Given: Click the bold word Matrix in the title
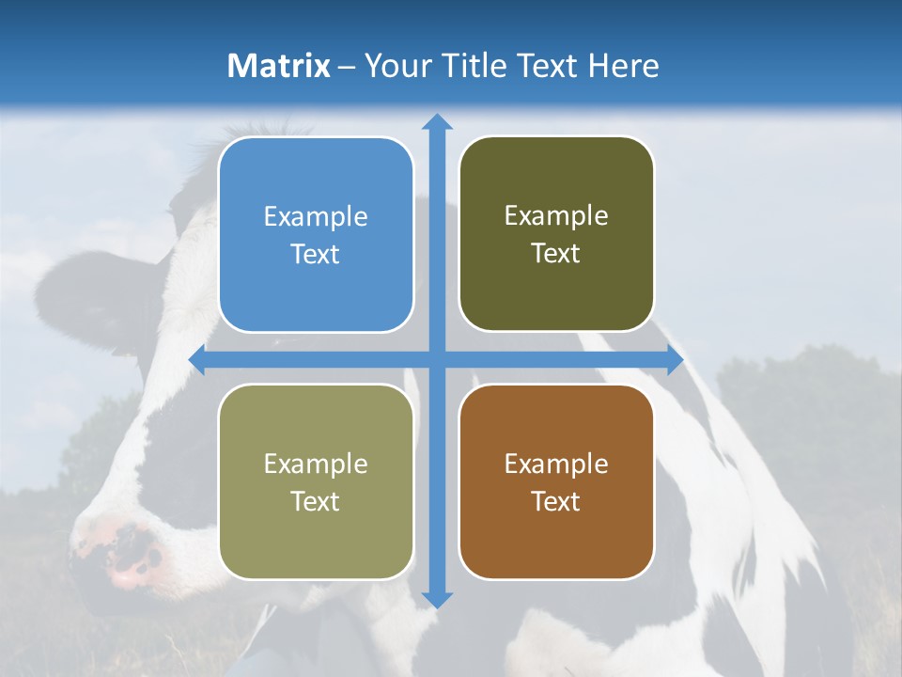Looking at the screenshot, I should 278,66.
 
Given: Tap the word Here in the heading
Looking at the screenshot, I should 624,66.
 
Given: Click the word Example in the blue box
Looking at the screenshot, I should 316,217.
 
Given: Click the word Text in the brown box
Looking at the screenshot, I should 556,502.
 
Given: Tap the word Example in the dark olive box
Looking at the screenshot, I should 556,216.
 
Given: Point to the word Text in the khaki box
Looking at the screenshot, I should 316,502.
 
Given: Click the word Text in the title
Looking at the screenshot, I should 546,66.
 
